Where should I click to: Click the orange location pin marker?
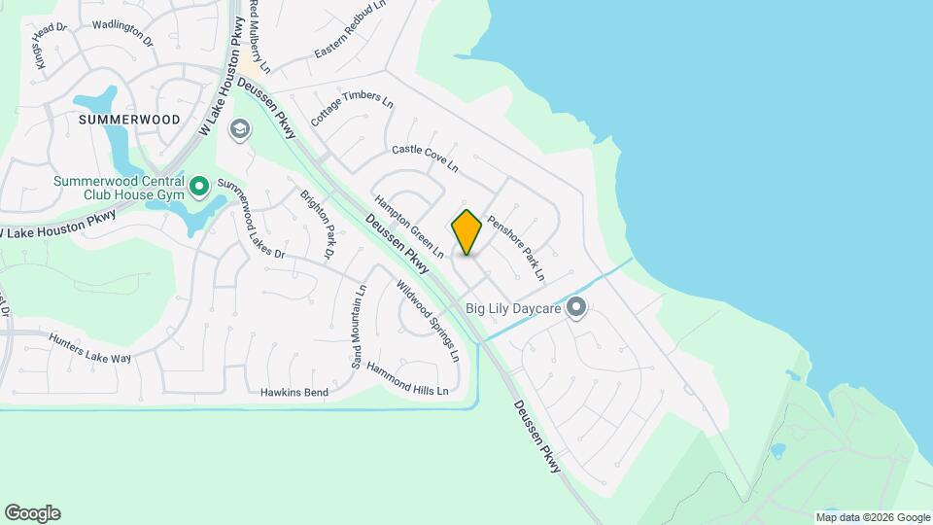(x=466, y=232)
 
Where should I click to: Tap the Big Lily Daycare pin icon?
(x=576, y=309)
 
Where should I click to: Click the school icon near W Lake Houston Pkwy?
(x=239, y=129)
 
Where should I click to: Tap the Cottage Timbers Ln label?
(x=352, y=111)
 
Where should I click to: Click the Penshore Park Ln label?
(x=516, y=247)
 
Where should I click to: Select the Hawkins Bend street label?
(x=294, y=393)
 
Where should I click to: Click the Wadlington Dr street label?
(x=123, y=32)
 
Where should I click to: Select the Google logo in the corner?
(x=32, y=513)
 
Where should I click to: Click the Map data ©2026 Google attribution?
(x=872, y=517)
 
